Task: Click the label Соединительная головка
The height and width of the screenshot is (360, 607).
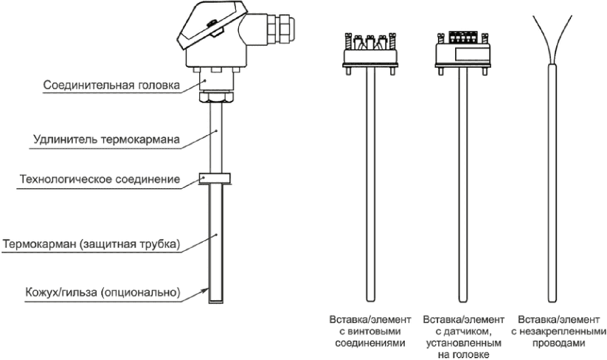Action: click(x=111, y=85)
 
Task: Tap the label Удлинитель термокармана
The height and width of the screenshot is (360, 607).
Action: click(x=106, y=139)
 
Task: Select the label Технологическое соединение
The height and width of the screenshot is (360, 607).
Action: click(x=100, y=179)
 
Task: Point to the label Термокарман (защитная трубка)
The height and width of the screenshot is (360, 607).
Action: click(x=91, y=245)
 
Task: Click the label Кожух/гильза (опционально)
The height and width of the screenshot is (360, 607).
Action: click(x=103, y=291)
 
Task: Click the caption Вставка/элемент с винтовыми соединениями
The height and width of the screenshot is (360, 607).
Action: click(x=370, y=331)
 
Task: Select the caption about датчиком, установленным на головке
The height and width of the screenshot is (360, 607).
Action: click(x=463, y=337)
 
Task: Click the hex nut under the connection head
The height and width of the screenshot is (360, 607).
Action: click(x=216, y=96)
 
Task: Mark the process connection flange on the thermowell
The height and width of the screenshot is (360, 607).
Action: click(x=215, y=179)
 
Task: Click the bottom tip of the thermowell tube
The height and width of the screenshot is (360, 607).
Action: click(x=216, y=302)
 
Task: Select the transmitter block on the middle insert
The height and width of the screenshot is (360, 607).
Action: click(x=463, y=51)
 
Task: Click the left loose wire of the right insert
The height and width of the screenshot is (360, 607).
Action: click(x=542, y=38)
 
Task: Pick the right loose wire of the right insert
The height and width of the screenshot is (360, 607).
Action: click(x=563, y=38)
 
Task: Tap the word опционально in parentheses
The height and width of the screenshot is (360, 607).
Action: click(x=141, y=292)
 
